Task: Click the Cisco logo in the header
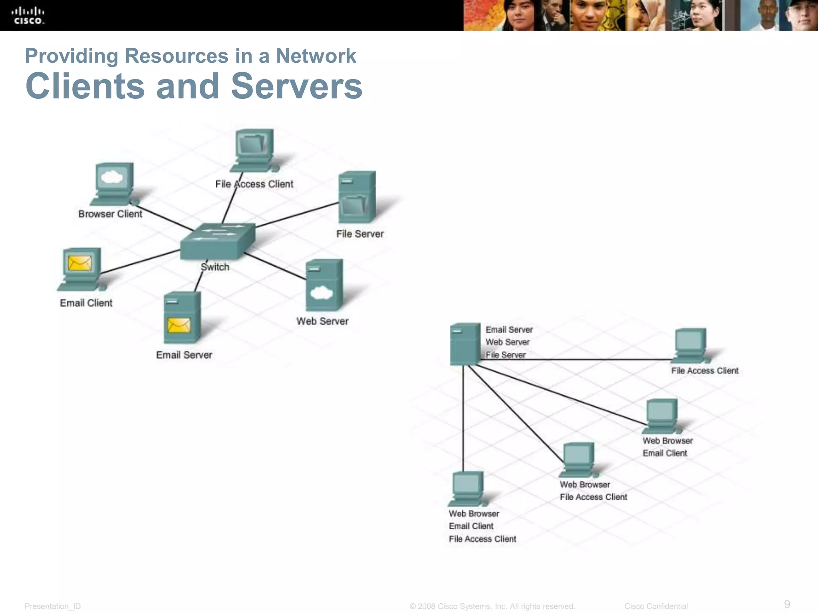pyautogui.click(x=28, y=16)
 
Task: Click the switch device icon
pyautogui.click(x=218, y=241)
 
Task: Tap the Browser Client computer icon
pyautogui.click(x=114, y=184)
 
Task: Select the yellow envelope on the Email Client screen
pyautogui.click(x=80, y=263)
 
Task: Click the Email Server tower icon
pyautogui.click(x=182, y=317)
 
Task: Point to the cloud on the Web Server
pyautogui.click(x=321, y=293)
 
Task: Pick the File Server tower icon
pyautogui.click(x=357, y=197)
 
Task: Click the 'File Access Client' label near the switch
pyautogui.click(x=254, y=184)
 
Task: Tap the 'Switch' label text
pyautogui.click(x=215, y=267)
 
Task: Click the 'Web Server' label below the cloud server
pyautogui.click(x=322, y=321)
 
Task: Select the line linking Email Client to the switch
pyautogui.click(x=140, y=261)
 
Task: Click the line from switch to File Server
pyautogui.click(x=297, y=215)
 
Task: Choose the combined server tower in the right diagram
pyautogui.click(x=465, y=344)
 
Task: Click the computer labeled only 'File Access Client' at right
pyautogui.click(x=690, y=345)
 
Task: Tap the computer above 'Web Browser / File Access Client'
pyautogui.click(x=578, y=460)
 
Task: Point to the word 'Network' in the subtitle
pyautogui.click(x=316, y=56)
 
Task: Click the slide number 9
pyautogui.click(x=787, y=604)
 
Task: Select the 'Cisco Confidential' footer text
pyautogui.click(x=656, y=606)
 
